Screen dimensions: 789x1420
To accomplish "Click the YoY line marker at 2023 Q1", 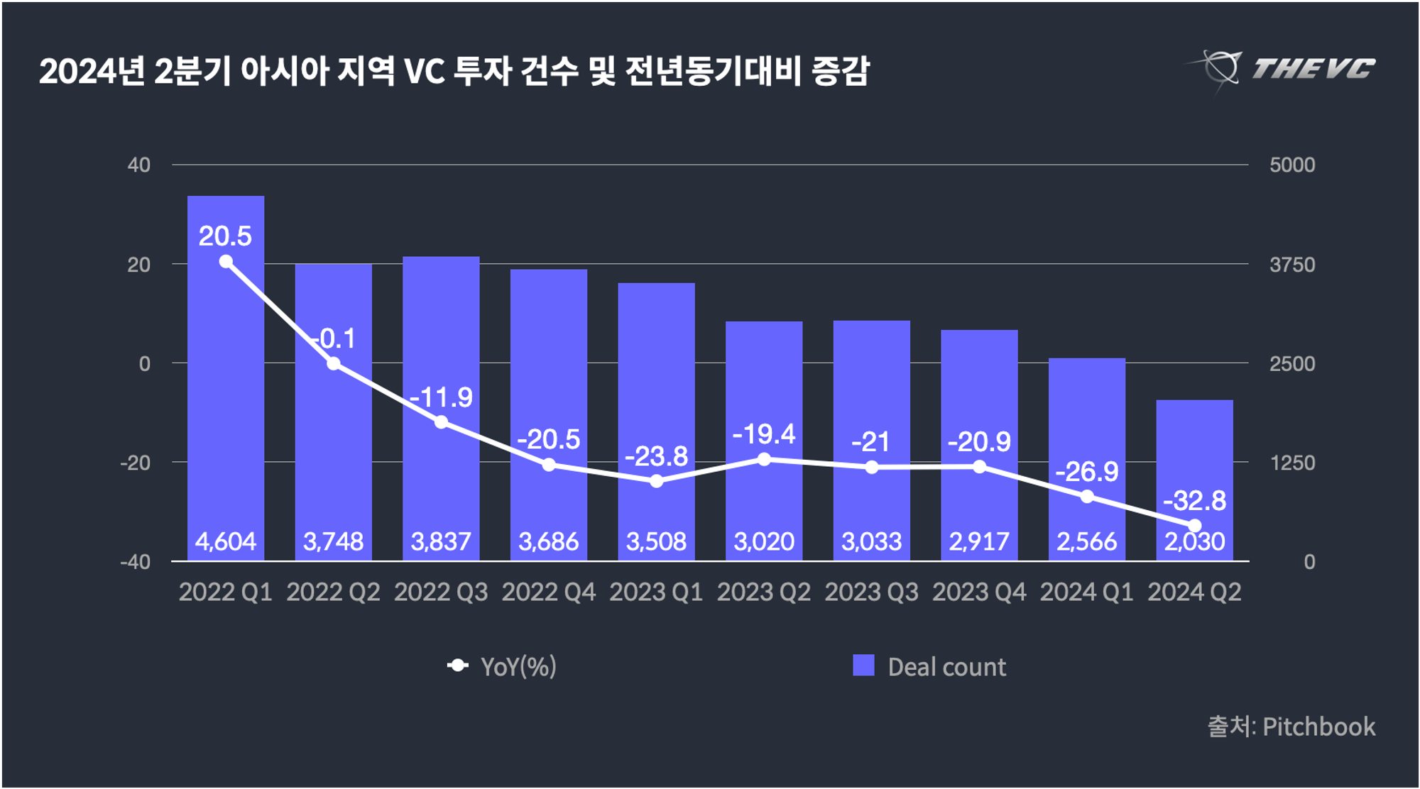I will (x=657, y=481).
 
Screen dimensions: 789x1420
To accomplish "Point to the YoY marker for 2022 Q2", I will (x=334, y=364).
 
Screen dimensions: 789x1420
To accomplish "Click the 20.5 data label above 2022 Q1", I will (x=225, y=236).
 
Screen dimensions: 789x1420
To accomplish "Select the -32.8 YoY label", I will (x=1194, y=501).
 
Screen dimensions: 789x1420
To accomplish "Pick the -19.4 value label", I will (x=764, y=434).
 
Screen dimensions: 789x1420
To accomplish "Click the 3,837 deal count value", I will (x=441, y=542).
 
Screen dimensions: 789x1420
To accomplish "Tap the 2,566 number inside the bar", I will (x=1087, y=542).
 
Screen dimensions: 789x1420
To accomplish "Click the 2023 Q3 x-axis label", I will (x=871, y=592).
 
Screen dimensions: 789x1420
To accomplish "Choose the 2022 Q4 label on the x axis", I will (x=549, y=592).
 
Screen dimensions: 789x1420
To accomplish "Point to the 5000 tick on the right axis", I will (x=1292, y=165).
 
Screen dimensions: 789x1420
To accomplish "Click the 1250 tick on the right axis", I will (x=1292, y=463).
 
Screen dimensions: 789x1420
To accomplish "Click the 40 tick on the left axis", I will (x=139, y=165).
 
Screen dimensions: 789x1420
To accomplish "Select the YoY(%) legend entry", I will (x=518, y=666).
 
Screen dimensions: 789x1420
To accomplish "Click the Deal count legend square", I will (x=863, y=666).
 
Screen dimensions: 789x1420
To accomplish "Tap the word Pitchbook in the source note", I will (x=1318, y=727).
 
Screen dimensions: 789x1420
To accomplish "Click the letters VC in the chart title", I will (x=424, y=72).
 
